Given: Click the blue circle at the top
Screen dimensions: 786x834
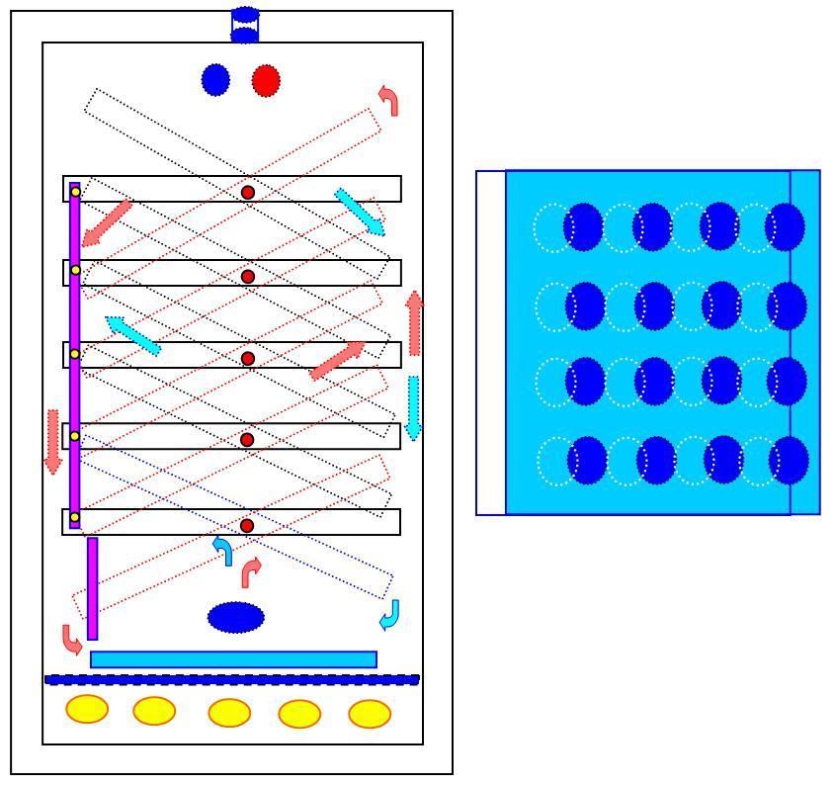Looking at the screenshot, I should click(215, 80).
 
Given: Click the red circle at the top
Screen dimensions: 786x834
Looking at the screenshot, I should click(266, 80).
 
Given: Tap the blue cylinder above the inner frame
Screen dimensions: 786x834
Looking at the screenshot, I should click(245, 25).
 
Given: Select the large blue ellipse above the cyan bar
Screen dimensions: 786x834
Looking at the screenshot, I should click(236, 618).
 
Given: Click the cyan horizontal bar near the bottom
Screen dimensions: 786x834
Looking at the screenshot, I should click(233, 659).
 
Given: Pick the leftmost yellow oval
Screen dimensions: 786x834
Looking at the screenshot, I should click(87, 709).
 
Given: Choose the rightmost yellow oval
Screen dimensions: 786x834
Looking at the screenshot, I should click(370, 714).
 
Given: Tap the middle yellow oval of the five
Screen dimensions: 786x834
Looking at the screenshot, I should click(229, 713).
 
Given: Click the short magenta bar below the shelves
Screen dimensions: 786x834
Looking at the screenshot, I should click(93, 588).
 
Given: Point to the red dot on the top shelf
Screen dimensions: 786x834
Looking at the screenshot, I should click(248, 192).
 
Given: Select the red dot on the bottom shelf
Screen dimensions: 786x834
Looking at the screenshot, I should click(247, 526).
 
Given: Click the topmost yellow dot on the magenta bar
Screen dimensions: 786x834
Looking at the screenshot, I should click(75, 192).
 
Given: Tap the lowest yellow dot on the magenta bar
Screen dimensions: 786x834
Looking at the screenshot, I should click(74, 518).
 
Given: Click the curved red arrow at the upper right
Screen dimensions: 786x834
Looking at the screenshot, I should click(389, 99).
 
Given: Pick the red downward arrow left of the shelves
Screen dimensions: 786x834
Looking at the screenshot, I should click(53, 441).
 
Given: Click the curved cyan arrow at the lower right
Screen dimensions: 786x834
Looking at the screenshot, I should click(390, 615).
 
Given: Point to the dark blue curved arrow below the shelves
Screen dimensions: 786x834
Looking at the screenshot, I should click(223, 551).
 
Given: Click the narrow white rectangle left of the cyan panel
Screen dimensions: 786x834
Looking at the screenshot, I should click(491, 342).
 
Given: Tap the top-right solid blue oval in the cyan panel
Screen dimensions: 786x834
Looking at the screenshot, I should click(785, 227).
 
